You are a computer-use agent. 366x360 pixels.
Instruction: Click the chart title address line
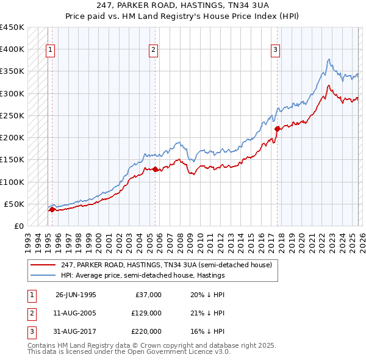pyautogui.click(x=183, y=5)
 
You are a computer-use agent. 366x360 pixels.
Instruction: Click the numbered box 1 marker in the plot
pyautogui.click(x=49, y=50)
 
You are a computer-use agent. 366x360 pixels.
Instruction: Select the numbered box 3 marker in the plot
pyautogui.click(x=275, y=50)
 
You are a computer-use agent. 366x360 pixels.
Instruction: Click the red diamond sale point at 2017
pyautogui.click(x=277, y=128)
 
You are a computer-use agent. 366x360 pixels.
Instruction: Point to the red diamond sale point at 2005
pyautogui.click(x=155, y=169)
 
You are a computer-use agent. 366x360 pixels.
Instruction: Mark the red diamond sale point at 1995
pyautogui.click(x=52, y=209)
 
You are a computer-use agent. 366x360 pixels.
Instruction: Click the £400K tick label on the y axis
pyautogui.click(x=12, y=49)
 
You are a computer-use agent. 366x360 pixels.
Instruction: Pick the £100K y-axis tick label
pyautogui.click(x=12, y=182)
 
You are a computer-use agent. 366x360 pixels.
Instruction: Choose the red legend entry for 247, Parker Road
pyautogui.click(x=170, y=265)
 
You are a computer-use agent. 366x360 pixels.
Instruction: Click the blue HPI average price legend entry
pyautogui.click(x=143, y=275)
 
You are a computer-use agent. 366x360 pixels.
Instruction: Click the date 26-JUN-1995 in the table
pyautogui.click(x=76, y=295)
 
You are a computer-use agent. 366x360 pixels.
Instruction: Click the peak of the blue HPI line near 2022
pyautogui.click(x=329, y=59)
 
